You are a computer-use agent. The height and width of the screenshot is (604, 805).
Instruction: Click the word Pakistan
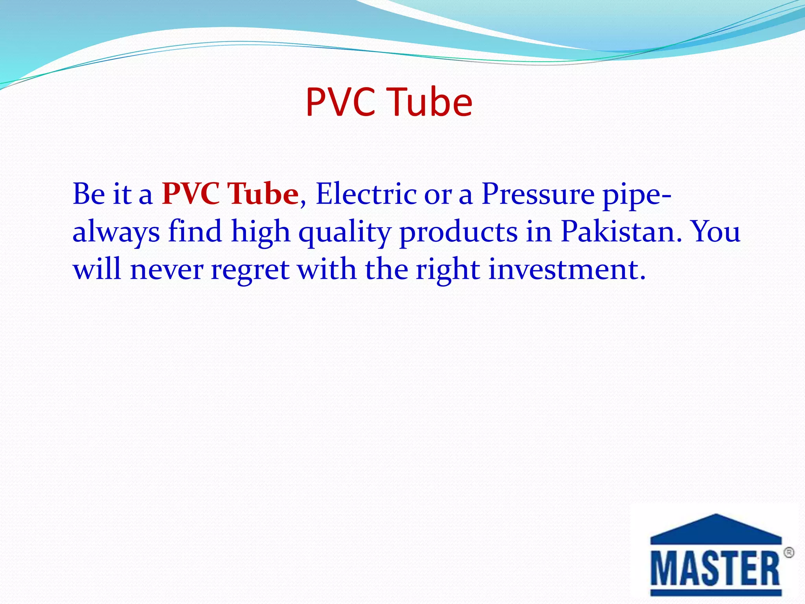coord(621,231)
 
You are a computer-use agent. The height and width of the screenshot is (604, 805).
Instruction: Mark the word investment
coord(567,269)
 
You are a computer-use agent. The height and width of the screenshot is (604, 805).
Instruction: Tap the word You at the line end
coord(715,231)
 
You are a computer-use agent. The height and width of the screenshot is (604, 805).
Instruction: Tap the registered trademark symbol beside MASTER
coord(788,553)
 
